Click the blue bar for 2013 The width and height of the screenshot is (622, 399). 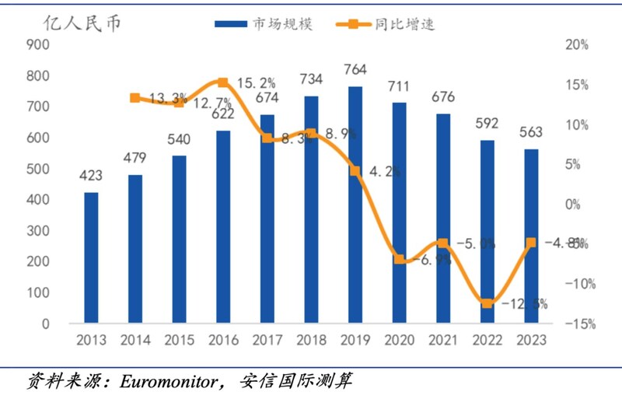(x=92, y=257)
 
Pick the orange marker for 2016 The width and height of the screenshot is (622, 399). (x=223, y=82)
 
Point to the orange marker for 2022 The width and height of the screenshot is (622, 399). (x=487, y=303)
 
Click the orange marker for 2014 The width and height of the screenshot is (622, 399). (x=135, y=98)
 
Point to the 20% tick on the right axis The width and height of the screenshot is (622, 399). (x=576, y=45)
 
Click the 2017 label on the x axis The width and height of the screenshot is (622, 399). (x=267, y=341)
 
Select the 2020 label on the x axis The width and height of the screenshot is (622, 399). (x=399, y=341)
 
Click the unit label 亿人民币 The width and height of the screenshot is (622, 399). (x=82, y=22)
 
